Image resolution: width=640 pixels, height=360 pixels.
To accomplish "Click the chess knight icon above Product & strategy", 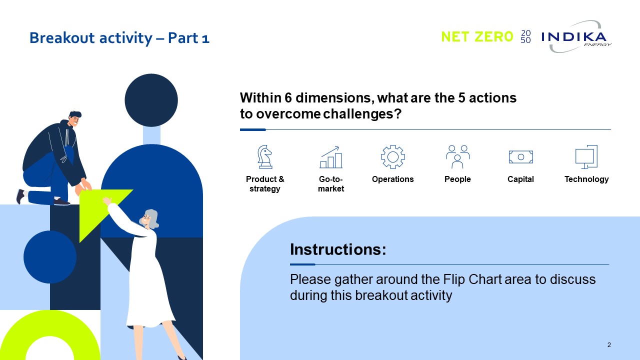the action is [265, 157].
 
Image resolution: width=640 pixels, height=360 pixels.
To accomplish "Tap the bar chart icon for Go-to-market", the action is [331, 157].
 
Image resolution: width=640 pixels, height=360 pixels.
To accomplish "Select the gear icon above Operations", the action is [393, 157].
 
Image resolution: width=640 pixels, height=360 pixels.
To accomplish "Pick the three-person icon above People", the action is [457, 157].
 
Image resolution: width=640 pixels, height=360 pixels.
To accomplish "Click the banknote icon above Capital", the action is [521, 157].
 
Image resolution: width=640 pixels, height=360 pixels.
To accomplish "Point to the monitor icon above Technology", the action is [586, 157].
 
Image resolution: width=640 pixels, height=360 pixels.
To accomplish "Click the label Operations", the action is [392, 179].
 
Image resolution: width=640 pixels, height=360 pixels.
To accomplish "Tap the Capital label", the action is [520, 179].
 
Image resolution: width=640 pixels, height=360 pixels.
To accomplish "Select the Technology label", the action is [586, 179].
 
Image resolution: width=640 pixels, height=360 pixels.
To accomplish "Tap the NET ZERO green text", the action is [477, 37].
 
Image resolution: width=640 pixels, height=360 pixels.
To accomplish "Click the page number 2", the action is [609, 345].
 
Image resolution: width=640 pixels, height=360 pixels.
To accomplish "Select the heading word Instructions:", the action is [338, 249].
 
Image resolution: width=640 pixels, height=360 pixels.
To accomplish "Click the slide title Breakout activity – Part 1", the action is [119, 38].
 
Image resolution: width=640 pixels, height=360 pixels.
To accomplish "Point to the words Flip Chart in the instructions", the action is [472, 279].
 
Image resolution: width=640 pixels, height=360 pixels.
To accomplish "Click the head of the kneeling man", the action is [75, 118].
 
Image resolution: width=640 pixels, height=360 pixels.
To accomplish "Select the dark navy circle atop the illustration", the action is [151, 100].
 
